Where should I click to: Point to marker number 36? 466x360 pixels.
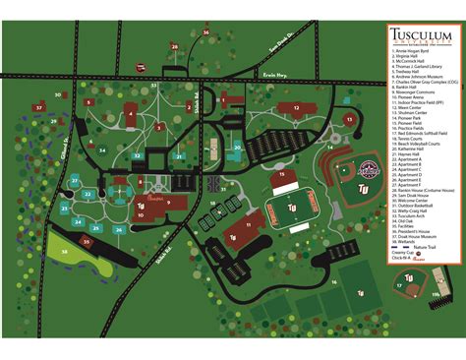205,32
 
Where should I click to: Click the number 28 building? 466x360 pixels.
174,46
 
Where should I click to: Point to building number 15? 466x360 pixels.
282,174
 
